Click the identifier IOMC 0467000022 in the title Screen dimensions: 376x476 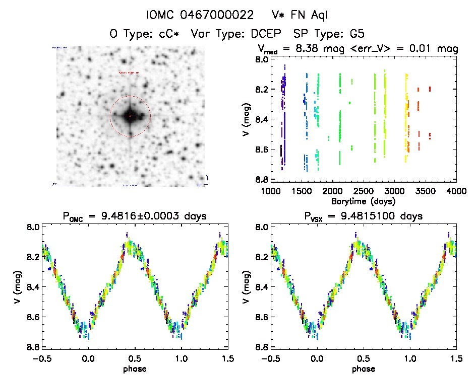click(200, 15)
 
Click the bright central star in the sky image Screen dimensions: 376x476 click(130, 116)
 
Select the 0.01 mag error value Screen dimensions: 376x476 click(422, 49)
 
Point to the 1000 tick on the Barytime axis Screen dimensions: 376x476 click(271, 191)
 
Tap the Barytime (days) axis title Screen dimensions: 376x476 click(364, 201)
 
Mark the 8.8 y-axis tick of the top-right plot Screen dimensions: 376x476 click(261, 180)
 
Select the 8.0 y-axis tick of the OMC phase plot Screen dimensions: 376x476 click(32, 227)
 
